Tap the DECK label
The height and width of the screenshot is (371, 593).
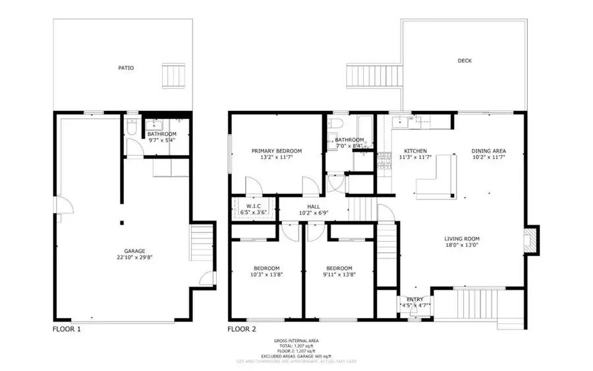pos(465,61)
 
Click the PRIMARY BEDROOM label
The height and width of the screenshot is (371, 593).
pos(277,151)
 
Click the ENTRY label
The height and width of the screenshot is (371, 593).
pos(415,299)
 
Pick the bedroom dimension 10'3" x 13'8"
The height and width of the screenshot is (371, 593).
pos(267,275)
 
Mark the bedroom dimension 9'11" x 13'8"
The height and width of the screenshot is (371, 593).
pos(340,275)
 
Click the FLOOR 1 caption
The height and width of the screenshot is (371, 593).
pos(67,328)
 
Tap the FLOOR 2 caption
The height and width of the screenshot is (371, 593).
pos(242,328)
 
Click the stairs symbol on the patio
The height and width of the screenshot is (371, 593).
pos(175,75)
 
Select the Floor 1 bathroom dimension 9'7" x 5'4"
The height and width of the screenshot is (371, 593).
pos(161,141)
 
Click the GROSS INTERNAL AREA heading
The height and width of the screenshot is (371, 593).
pos(296,341)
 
